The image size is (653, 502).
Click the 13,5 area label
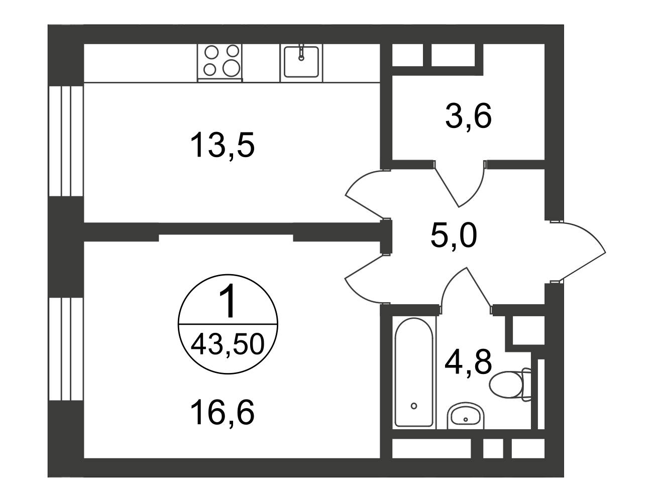(x=223, y=145)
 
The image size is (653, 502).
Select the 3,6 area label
(x=468, y=116)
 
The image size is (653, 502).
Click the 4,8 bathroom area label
(x=468, y=362)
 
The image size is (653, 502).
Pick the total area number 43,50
(x=228, y=345)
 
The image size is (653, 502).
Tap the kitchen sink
(x=301, y=62)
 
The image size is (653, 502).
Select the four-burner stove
(x=220, y=62)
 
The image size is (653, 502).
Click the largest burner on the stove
(x=232, y=68)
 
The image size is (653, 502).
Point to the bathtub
(x=414, y=371)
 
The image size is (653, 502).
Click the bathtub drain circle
(x=414, y=406)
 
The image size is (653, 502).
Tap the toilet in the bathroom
(x=510, y=385)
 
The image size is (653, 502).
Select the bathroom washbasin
(x=466, y=416)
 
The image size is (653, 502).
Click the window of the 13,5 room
(x=66, y=141)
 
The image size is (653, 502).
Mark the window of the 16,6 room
(x=66, y=349)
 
